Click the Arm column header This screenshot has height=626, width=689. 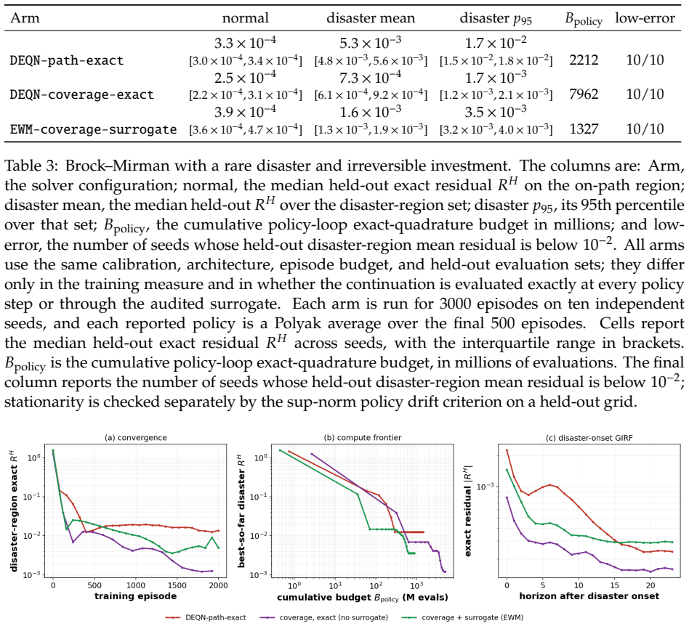(x=25, y=18)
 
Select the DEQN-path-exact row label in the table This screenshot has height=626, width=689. (x=67, y=60)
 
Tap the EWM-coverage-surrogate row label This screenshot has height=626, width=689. (x=93, y=129)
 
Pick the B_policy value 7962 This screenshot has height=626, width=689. (x=584, y=94)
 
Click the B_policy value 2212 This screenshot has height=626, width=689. (x=584, y=60)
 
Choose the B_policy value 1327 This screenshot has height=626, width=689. (x=584, y=129)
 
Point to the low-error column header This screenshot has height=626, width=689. (x=645, y=18)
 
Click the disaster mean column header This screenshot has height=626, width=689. (x=371, y=18)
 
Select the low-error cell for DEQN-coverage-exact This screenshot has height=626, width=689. (x=645, y=94)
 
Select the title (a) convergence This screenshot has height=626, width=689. (x=135, y=437)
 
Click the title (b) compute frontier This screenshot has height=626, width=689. (x=363, y=437)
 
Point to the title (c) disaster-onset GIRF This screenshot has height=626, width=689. (x=589, y=437)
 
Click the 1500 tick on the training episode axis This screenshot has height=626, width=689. (x=616, y=585)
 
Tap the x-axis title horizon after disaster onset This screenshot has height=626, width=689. (x=589, y=595)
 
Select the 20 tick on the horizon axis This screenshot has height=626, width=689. (x=650, y=585)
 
